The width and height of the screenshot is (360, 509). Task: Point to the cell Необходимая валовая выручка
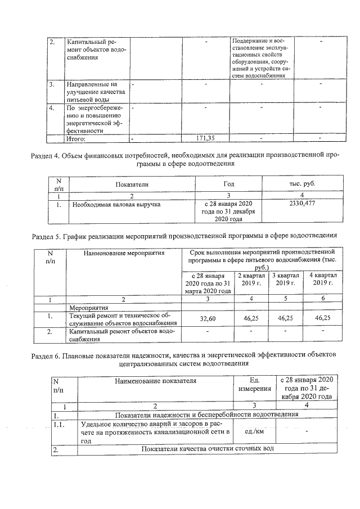pyautogui.click(x=113, y=204)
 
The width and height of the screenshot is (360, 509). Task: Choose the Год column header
pyautogui.click(x=228, y=184)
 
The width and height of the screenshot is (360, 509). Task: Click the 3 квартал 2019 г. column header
pyautogui.click(x=286, y=279)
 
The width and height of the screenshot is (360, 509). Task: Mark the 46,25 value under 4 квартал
pyautogui.click(x=322, y=318)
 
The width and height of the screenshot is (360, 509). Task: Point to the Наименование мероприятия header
pyautogui.click(x=124, y=254)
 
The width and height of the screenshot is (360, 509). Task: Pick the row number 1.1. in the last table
pyautogui.click(x=60, y=424)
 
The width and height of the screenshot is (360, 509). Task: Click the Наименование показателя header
pyautogui.click(x=155, y=381)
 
